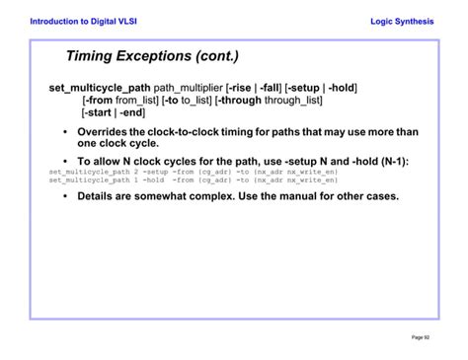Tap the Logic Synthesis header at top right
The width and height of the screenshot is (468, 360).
pos(402,22)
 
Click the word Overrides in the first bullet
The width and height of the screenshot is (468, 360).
pos(104,132)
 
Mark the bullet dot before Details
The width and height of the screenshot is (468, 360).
pos(65,196)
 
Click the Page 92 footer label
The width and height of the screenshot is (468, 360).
pos(421,337)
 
